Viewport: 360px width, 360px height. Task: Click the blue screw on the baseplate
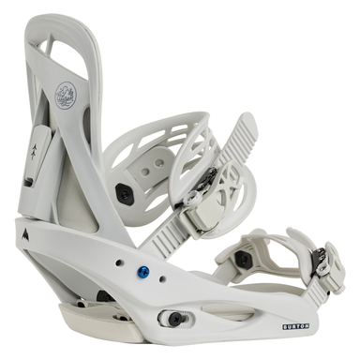point(142,273)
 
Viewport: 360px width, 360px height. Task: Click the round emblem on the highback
point(66,94)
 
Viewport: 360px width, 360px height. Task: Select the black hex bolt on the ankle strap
point(122,191)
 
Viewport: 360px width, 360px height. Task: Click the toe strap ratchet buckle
point(329,262)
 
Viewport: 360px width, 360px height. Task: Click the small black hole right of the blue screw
point(161,278)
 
